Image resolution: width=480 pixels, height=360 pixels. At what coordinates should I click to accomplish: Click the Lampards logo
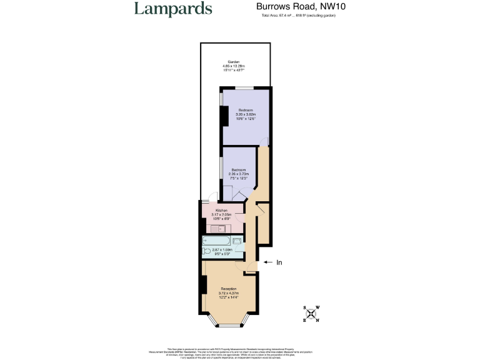(x=173, y=9)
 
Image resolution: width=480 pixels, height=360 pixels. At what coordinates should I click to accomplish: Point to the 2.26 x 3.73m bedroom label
(x=239, y=174)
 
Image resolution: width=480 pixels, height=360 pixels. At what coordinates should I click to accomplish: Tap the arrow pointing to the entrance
(x=267, y=262)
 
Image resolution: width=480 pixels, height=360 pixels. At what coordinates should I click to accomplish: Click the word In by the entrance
(x=279, y=262)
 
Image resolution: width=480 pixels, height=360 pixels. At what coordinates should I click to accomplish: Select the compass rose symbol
(x=311, y=314)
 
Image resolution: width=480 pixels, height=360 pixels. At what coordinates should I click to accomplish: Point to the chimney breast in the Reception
(x=204, y=285)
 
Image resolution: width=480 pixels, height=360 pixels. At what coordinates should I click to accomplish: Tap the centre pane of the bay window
(x=229, y=326)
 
